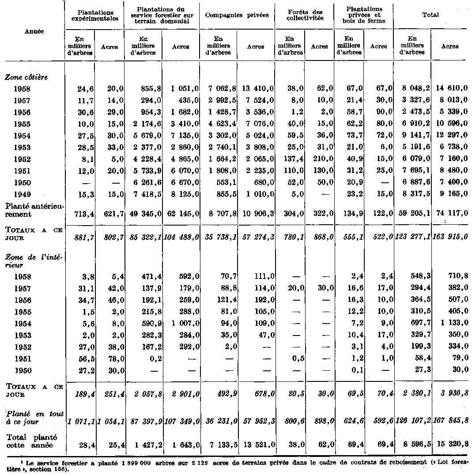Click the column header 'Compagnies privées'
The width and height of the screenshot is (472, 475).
tap(237, 15)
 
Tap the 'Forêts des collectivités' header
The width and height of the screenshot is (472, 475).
tap(304, 15)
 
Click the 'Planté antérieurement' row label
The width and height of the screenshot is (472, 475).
tap(34, 210)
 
